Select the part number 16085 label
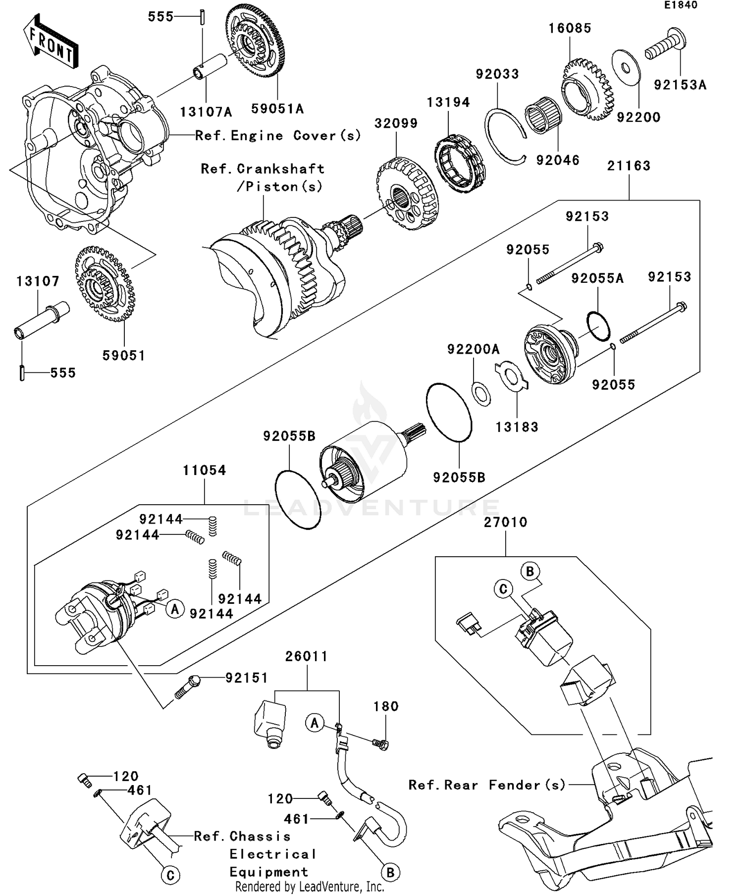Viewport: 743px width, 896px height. (x=570, y=28)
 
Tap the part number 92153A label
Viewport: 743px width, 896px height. (x=680, y=85)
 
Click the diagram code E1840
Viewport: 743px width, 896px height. (x=681, y=5)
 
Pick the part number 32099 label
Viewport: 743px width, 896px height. (x=396, y=123)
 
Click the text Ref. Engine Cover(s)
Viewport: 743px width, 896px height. (x=278, y=136)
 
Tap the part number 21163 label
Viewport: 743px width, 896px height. (x=629, y=166)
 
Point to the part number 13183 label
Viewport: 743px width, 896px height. (x=517, y=427)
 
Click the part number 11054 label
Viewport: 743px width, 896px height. (x=204, y=470)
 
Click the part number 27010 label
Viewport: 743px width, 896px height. (x=505, y=522)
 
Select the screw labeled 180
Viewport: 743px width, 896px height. (x=380, y=743)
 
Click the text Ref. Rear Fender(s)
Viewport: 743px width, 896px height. (x=486, y=785)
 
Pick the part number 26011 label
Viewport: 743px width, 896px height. (x=306, y=657)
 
